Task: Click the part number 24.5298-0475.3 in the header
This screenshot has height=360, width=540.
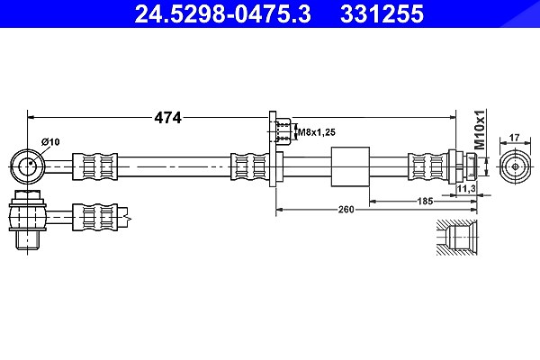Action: pyautogui.click(x=222, y=13)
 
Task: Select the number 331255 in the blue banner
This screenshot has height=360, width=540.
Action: pyautogui.click(x=382, y=13)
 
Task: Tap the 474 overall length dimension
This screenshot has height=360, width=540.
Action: pyautogui.click(x=167, y=118)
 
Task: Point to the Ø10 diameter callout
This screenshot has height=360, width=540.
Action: pyautogui.click(x=50, y=141)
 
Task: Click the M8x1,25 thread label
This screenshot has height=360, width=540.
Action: pyautogui.click(x=317, y=132)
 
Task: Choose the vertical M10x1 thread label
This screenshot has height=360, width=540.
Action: pyautogui.click(x=480, y=130)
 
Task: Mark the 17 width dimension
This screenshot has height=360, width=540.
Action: pyautogui.click(x=514, y=138)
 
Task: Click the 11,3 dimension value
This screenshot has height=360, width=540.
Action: pyautogui.click(x=466, y=188)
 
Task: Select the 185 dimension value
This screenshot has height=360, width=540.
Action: pyautogui.click(x=425, y=201)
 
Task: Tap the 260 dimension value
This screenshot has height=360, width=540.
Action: pyautogui.click(x=346, y=209)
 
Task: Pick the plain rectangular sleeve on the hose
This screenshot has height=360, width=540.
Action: pyautogui.click(x=350, y=166)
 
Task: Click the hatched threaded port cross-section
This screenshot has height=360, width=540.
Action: pyautogui.click(x=456, y=238)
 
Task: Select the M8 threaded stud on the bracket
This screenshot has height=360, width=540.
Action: pyautogui.click(x=283, y=131)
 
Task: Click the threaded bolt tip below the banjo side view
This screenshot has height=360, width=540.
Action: pyautogui.click(x=27, y=239)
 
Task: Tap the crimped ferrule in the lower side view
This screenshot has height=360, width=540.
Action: pyautogui.click(x=95, y=217)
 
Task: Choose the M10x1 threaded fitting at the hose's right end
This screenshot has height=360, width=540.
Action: pyautogui.click(x=463, y=166)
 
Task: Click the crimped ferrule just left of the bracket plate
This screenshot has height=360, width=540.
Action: pyautogui.click(x=249, y=166)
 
